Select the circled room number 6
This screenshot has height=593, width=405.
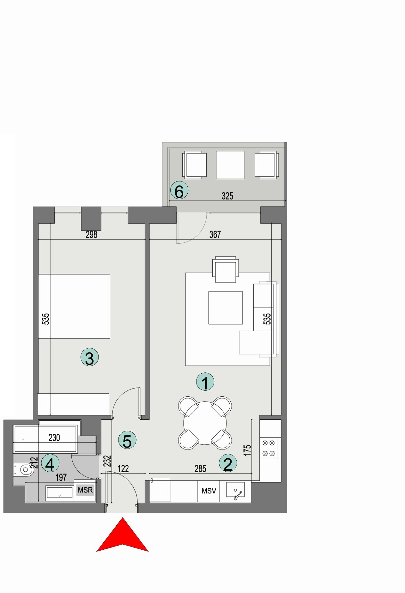[x=179, y=191]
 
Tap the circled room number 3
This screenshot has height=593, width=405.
[x=90, y=358]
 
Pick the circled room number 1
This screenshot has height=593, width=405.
[x=205, y=382]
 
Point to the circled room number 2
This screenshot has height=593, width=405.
[x=228, y=463]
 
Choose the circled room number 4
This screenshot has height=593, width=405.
[x=50, y=463]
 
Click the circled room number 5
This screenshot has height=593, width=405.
[x=127, y=440]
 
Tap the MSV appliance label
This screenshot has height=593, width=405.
[x=209, y=491]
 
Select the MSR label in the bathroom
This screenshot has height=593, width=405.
[x=85, y=490]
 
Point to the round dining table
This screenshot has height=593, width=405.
[x=205, y=423]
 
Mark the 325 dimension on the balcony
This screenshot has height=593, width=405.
[x=227, y=196]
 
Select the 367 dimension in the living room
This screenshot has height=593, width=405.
[x=215, y=235]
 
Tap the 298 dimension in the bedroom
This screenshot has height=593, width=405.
[x=91, y=235]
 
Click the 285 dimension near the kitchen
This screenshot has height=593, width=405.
[x=200, y=468]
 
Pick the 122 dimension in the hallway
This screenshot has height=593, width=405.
[x=123, y=468]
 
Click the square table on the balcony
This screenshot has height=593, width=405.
[x=230, y=165]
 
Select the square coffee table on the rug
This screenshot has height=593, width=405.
[x=225, y=308]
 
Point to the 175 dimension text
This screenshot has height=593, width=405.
[x=247, y=450]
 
